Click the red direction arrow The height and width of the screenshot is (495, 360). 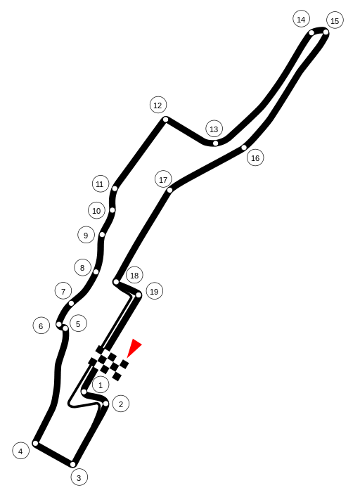[134, 347]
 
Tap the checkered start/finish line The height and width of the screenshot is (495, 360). [108, 363]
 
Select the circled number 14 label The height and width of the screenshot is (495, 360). [301, 19]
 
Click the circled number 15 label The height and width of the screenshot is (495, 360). [335, 20]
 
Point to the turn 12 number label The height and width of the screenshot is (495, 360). [158, 105]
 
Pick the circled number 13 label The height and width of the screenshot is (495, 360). [214, 129]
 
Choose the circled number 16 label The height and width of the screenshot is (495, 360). [255, 157]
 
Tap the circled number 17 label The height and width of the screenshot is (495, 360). [163, 179]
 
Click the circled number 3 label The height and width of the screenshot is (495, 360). [79, 477]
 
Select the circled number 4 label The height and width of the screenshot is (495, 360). [21, 451]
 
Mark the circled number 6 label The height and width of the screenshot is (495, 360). [41, 326]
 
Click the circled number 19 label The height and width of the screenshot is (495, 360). [155, 291]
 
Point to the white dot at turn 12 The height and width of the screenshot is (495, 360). [165, 120]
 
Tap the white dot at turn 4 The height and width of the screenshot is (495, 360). [36, 443]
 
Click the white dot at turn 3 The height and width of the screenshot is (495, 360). [73, 464]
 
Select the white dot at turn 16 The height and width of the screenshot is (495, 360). [244, 148]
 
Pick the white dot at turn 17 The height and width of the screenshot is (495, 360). [170, 190]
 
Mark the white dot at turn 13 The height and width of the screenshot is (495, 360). [215, 143]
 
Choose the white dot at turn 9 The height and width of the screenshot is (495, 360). [102, 235]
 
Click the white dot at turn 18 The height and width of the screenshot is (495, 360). [116, 281]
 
